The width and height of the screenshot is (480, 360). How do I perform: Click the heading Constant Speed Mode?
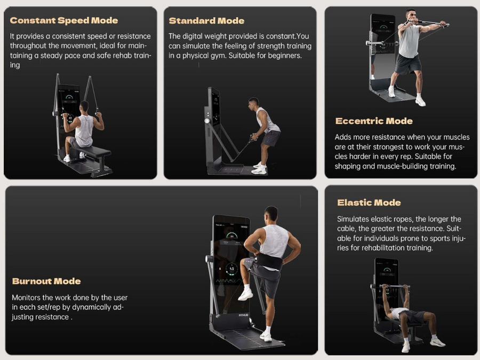[63, 21]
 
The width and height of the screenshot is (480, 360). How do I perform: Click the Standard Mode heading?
[206, 21]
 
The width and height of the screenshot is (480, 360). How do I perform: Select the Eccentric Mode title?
[374, 121]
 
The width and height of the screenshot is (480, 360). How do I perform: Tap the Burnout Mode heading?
[46, 281]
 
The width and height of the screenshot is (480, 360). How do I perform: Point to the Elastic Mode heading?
[369, 203]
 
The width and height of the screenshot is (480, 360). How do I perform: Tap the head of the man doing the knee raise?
[271, 214]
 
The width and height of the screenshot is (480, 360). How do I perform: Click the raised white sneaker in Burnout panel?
[245, 294]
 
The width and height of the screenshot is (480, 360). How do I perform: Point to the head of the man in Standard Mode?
[254, 102]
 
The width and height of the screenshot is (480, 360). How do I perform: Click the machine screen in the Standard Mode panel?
[215, 107]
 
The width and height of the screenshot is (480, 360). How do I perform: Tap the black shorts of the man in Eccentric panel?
[408, 64]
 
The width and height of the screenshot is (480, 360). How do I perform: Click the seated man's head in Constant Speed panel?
[84, 106]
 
